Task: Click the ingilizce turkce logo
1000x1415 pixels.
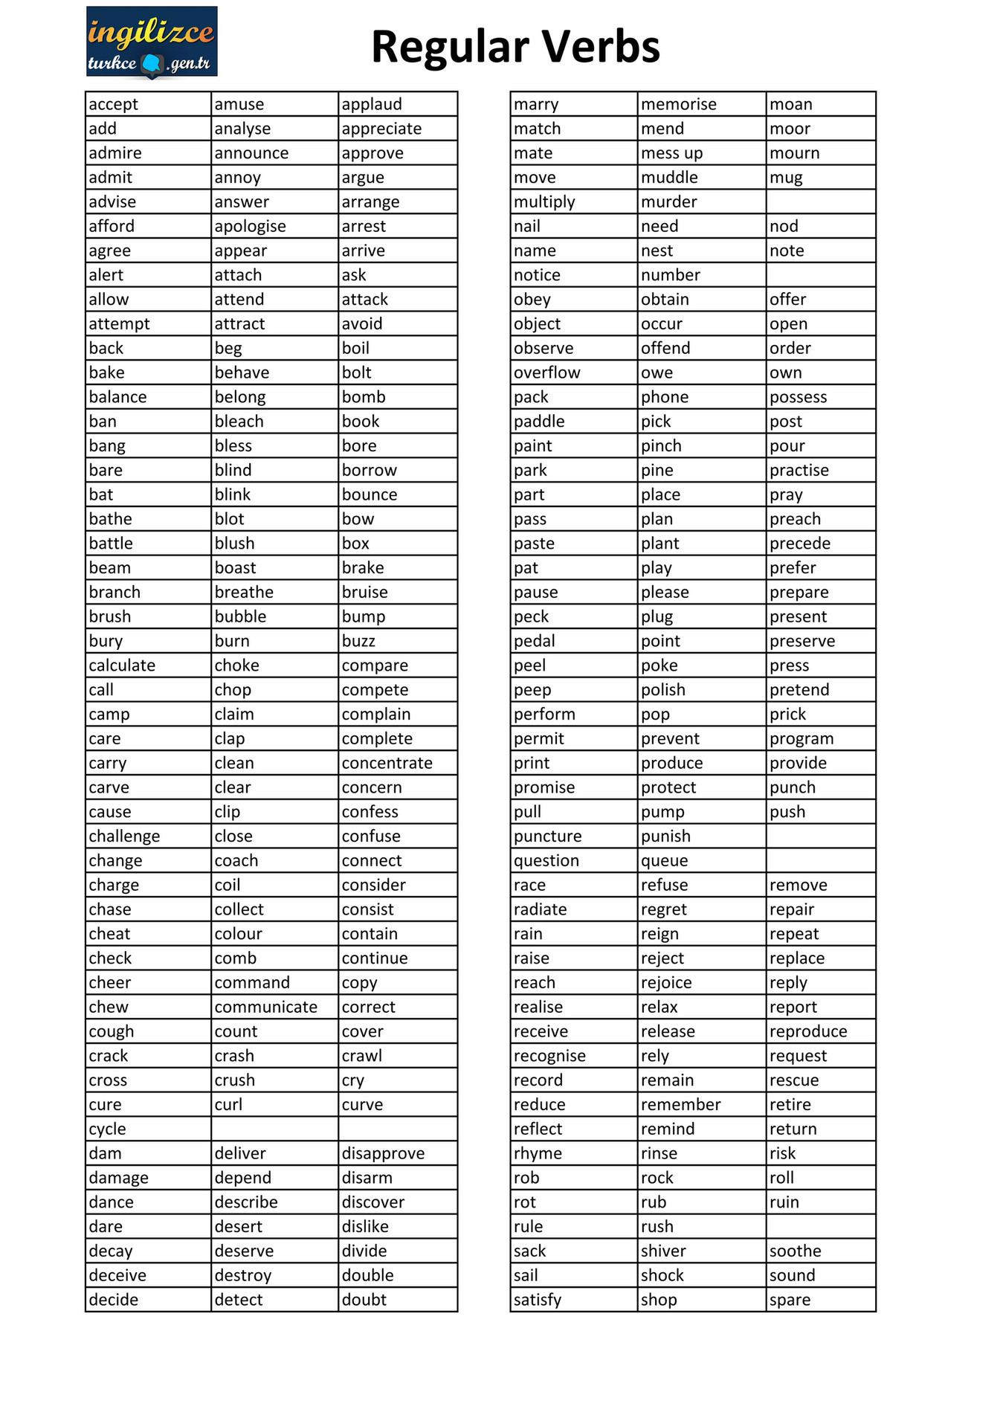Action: [152, 42]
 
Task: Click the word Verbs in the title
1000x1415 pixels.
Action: [600, 47]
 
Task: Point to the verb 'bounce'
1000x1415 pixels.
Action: [370, 495]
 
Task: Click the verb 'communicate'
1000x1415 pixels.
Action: [265, 1008]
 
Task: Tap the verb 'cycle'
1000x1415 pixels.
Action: [108, 1129]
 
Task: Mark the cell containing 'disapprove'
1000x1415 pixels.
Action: [383, 1154]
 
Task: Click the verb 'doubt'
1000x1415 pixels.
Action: [364, 1300]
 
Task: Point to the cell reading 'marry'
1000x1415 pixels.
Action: [536, 105]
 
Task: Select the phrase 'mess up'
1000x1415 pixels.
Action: [671, 154]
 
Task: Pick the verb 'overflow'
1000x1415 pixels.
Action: [546, 373]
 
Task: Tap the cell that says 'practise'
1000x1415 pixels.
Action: [799, 471]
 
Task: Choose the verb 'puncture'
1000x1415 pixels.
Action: [547, 837]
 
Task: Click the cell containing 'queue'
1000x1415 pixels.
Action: [664, 861]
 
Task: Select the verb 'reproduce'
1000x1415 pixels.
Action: [808, 1032]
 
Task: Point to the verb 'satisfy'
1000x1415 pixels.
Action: [538, 1300]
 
